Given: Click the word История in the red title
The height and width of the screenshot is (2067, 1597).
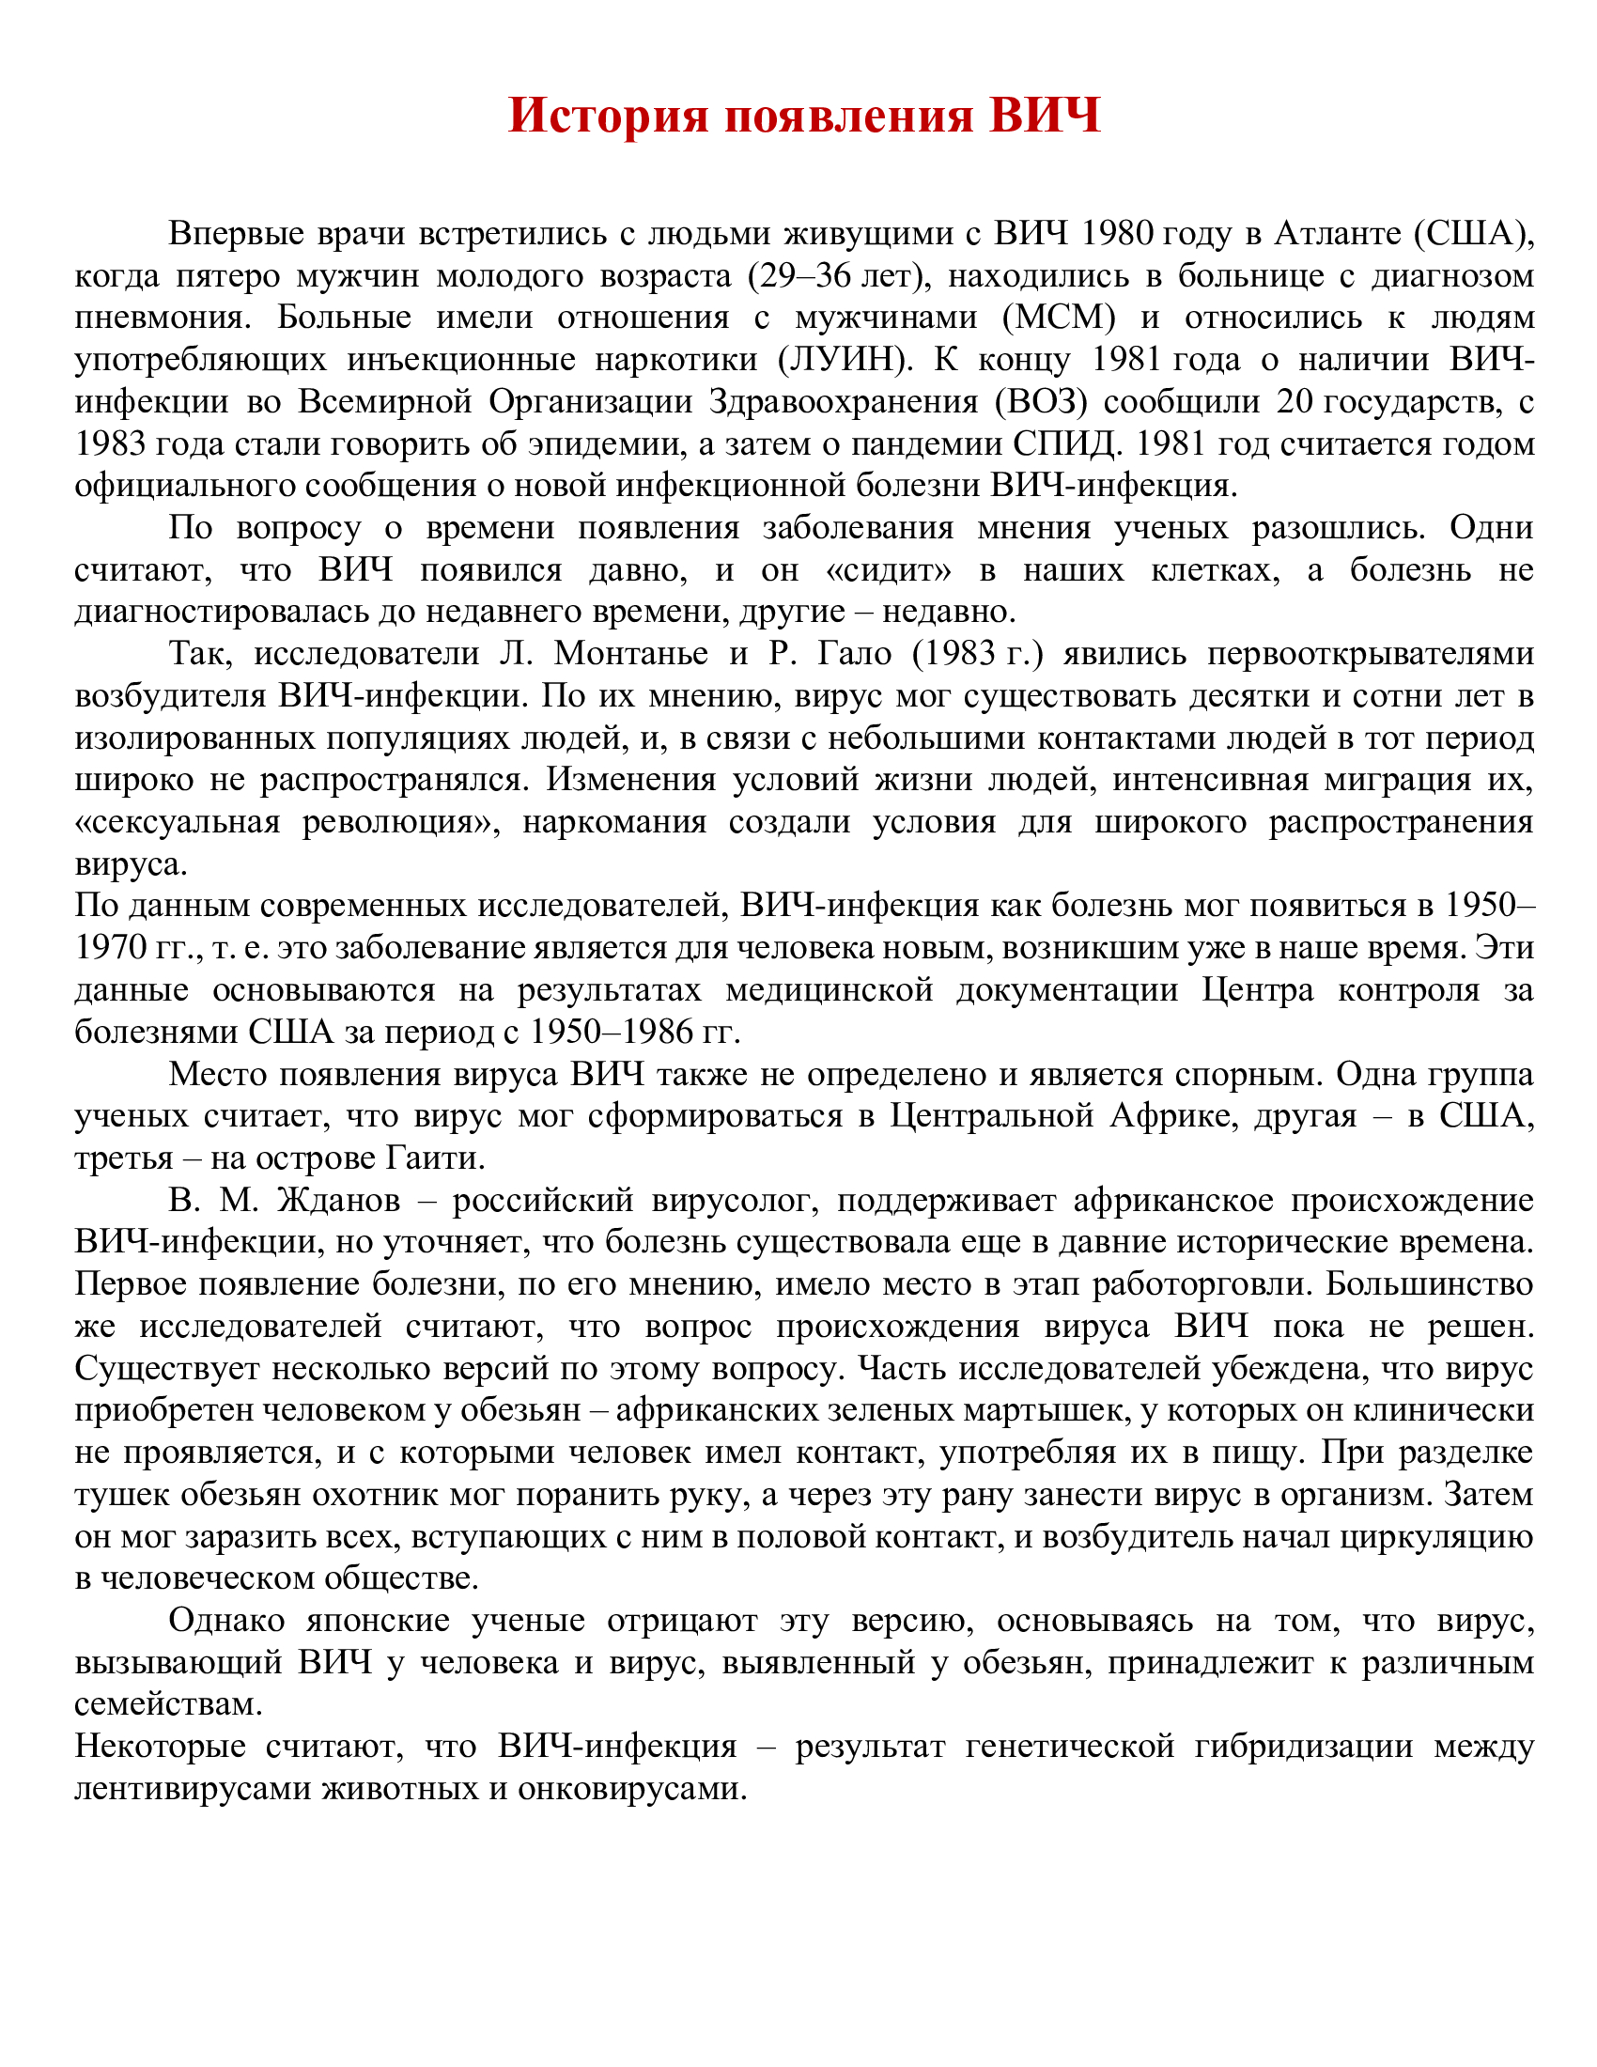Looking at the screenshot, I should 608,116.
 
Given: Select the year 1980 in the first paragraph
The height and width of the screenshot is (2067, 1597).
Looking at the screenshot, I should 1116,233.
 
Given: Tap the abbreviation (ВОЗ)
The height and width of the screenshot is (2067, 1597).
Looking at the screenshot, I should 1041,401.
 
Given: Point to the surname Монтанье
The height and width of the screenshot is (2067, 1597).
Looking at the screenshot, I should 631,653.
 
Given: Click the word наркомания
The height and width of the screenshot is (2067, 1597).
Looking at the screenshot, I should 614,821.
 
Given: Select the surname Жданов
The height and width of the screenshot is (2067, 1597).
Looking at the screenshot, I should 338,1200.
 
